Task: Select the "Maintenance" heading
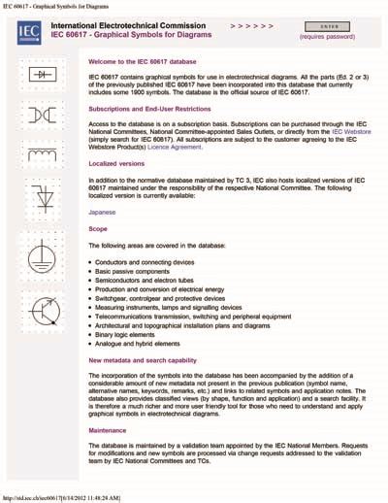click(x=107, y=431)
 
